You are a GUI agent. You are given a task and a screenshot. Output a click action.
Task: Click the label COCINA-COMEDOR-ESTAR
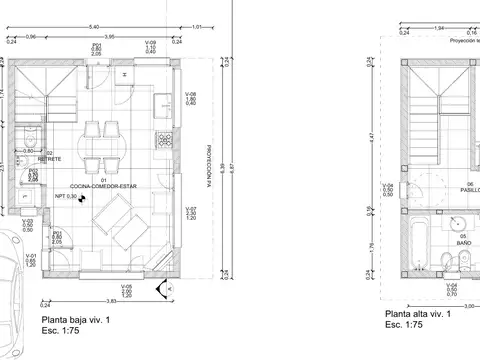tap(103, 186)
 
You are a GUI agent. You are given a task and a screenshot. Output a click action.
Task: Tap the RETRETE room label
tap(50, 159)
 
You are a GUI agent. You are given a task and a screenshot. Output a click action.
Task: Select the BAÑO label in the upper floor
tap(462, 241)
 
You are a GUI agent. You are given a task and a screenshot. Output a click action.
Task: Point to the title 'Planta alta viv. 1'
tap(417, 314)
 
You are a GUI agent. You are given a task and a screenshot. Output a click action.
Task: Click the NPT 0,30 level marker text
tap(71, 197)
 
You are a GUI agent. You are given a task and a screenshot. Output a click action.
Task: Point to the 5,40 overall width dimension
tap(95, 25)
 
